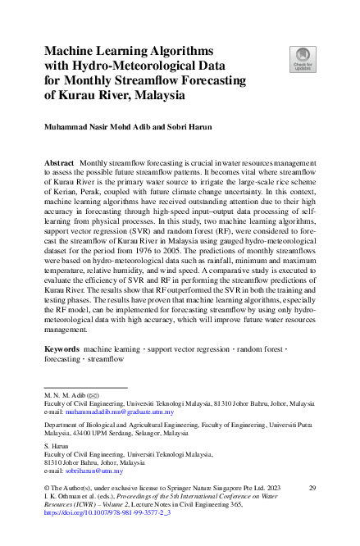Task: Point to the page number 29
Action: tap(312, 489)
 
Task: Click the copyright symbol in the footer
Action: tap(46, 489)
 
